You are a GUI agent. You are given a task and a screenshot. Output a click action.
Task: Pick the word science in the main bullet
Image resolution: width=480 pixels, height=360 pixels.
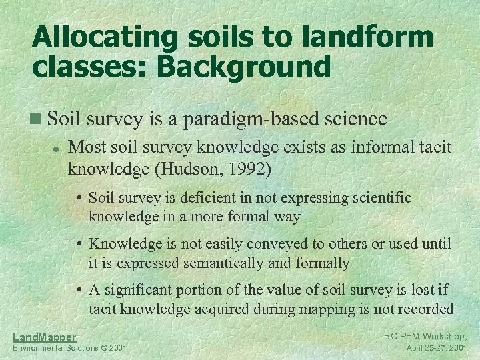(x=354, y=119)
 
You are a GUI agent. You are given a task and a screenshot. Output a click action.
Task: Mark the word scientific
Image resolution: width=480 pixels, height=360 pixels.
(x=376, y=198)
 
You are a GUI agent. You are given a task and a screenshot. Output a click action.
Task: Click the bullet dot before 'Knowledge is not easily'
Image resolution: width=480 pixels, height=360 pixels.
(x=79, y=245)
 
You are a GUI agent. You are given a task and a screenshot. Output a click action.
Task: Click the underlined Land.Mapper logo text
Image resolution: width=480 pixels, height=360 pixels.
(x=44, y=337)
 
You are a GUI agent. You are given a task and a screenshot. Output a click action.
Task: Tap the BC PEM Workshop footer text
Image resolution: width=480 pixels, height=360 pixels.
(x=425, y=337)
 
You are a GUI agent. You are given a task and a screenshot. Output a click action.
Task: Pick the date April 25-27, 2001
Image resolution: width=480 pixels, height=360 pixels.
(x=437, y=348)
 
